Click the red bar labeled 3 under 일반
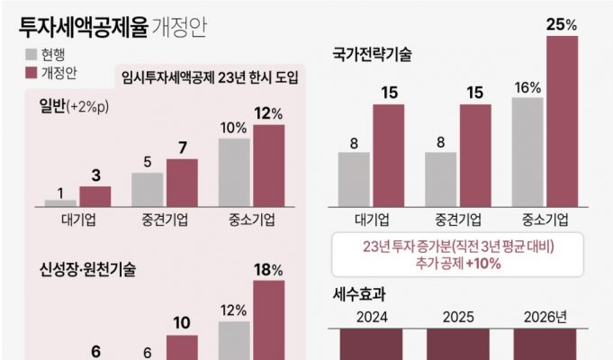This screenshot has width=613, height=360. pos(95,196)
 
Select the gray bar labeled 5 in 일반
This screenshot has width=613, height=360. pos(147,189)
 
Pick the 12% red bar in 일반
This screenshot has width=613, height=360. pos(268,166)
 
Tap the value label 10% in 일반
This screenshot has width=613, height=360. pos(233,127)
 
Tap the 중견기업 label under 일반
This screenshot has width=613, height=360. pos(164,220)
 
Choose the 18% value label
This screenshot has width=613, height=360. pos(268,269)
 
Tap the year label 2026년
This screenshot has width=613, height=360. pos(547,316)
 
